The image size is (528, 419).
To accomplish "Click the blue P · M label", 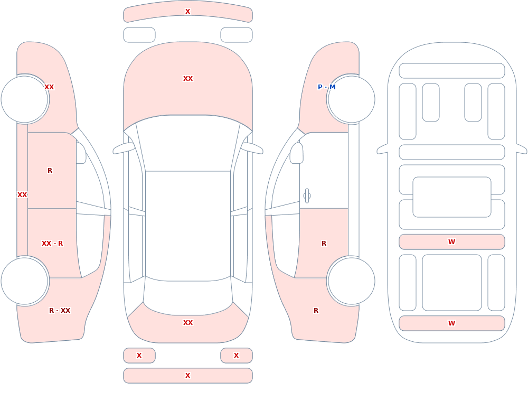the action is [x=326, y=87].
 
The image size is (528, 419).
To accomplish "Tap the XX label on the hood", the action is [x=188, y=79].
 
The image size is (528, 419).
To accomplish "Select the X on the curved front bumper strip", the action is [x=188, y=12].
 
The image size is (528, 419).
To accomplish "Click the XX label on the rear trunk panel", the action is [x=188, y=323].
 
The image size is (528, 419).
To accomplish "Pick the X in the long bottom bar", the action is [x=188, y=376].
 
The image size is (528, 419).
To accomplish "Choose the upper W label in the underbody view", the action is [x=451, y=241].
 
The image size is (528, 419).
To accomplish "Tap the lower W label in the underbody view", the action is [x=451, y=323].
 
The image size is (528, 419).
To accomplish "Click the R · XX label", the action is [x=60, y=311].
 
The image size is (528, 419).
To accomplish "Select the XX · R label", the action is [x=52, y=244].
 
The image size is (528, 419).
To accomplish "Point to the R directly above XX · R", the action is [x=50, y=171].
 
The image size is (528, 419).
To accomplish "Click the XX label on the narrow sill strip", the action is [x=22, y=195].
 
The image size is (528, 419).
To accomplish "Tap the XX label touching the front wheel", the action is [x=49, y=87].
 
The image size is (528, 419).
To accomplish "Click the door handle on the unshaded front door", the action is [x=307, y=196].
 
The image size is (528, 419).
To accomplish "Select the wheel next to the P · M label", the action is [x=351, y=99].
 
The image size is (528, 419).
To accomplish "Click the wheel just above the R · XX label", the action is [x=25, y=281].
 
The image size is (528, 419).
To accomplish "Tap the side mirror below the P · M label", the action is [x=296, y=153].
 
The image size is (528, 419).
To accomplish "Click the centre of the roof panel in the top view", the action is [x=188, y=226].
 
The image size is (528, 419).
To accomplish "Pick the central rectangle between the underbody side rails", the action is [x=452, y=197].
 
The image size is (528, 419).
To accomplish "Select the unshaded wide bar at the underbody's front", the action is [x=452, y=71].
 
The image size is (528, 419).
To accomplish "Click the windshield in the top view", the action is [x=188, y=143].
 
